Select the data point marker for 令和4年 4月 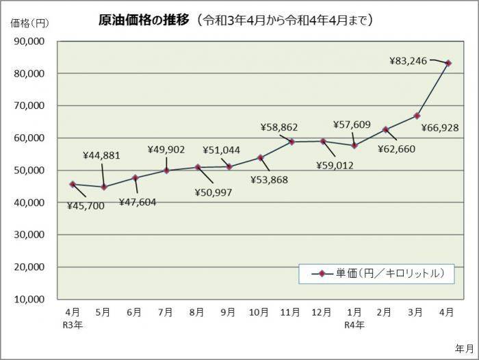[448, 63]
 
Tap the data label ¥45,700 [86, 205]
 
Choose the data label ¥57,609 [352, 125]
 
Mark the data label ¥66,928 [439, 127]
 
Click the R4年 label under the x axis [354, 324]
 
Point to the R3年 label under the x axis [73, 324]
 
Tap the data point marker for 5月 [103, 187]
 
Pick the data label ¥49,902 [166, 149]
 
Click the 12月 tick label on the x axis [322, 312]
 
